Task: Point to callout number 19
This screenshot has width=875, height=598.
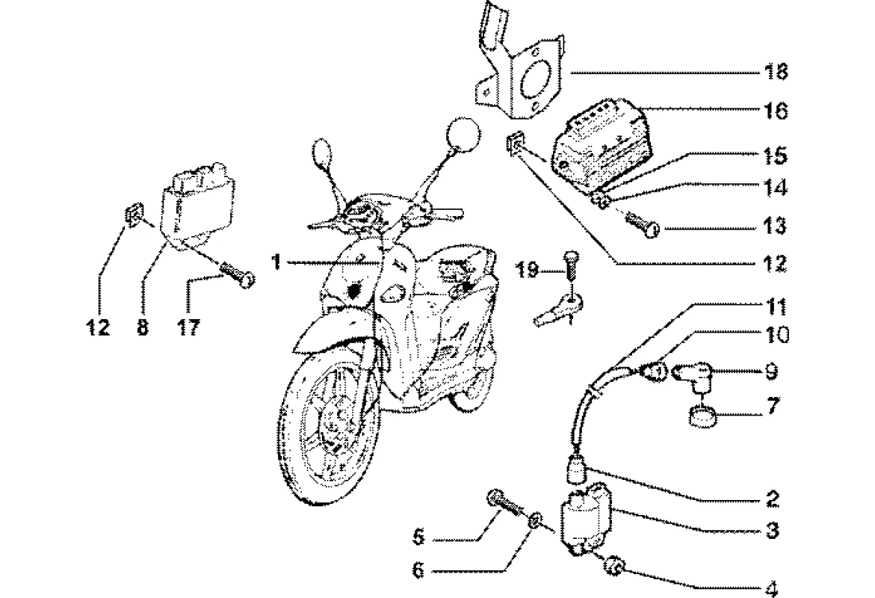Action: (528, 269)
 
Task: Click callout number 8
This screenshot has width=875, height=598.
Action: (142, 327)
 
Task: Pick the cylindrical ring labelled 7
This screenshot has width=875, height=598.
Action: (701, 416)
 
